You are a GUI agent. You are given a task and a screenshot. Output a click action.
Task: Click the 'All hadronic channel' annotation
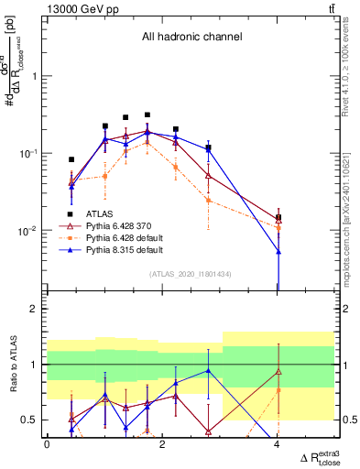191,38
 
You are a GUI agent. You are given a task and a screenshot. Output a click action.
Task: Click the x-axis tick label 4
278,444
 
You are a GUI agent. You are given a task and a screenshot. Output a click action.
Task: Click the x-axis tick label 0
47,444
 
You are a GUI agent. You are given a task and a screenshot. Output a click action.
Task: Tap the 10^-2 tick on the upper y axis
29,230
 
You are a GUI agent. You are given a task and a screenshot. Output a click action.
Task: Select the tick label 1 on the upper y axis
35,77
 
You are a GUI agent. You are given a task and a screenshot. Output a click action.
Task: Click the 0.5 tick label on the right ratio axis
349,420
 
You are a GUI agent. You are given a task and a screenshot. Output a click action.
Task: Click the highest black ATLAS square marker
147,115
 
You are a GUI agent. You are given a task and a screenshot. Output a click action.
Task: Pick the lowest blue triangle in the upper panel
278,251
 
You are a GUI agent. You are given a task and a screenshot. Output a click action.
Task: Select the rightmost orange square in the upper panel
278,226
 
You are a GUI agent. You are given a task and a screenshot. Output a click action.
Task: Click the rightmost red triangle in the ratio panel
278,371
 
